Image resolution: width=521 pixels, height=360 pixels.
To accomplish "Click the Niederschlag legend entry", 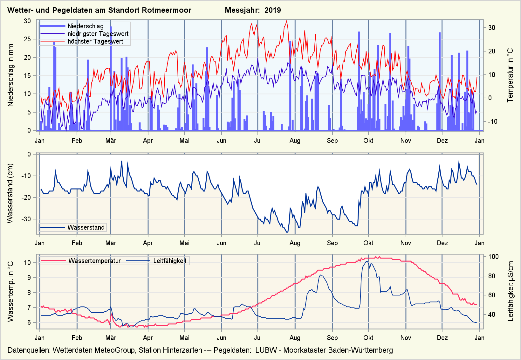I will (85, 26).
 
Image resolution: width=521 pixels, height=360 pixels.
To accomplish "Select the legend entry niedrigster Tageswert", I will (98, 34).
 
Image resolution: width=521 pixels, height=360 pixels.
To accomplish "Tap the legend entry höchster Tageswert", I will (95, 41).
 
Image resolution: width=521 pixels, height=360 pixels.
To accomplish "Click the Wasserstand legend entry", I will (86, 227).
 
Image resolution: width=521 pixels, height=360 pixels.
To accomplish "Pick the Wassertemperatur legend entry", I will (94, 261).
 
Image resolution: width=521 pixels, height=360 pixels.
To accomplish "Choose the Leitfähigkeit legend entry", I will (170, 261).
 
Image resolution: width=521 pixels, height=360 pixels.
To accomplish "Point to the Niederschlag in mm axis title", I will (11, 75).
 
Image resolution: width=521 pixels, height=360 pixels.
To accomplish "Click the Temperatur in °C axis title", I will (510, 75).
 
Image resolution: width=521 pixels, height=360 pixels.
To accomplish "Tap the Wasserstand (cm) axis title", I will (10, 193).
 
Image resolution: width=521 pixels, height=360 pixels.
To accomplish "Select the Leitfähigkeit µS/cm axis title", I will (511, 291).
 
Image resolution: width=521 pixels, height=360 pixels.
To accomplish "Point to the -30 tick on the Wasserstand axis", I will (26, 219).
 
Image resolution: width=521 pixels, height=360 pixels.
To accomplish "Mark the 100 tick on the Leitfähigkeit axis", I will (493, 257).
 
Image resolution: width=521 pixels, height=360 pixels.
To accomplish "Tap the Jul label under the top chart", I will (258, 141).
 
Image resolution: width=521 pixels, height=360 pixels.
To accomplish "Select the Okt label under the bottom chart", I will (368, 338).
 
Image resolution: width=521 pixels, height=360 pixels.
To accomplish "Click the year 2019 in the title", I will (272, 10).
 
